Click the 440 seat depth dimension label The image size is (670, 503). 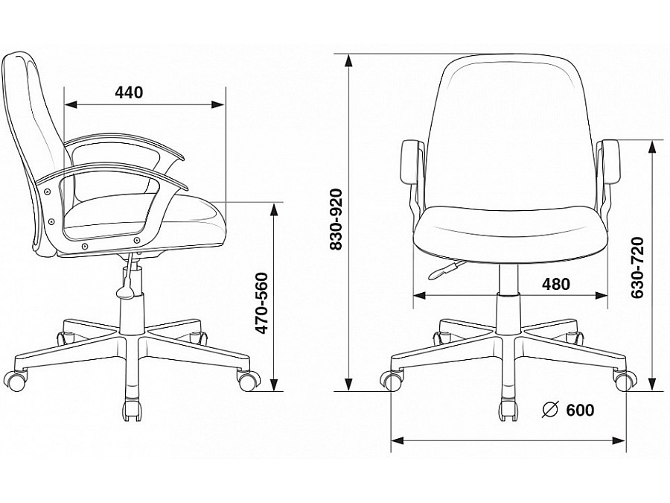[129, 92]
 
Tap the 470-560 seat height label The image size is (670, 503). [261, 303]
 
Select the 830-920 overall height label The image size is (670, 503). [336, 219]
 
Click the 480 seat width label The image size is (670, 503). [555, 284]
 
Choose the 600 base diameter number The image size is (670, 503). [580, 410]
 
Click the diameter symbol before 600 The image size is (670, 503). [550, 410]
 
